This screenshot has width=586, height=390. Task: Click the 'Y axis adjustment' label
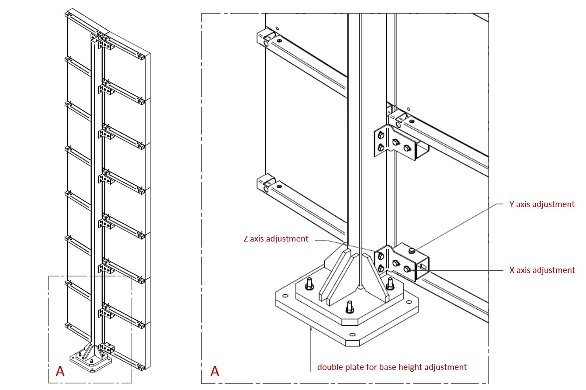pos(542,204)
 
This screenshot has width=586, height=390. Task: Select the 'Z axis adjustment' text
pos(275,239)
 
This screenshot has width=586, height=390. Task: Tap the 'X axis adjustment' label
pos(542,270)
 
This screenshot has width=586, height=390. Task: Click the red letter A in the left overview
pos(60,371)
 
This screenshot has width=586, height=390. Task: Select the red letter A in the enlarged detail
pos(214,371)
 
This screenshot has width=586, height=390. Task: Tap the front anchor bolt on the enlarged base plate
pos(349,307)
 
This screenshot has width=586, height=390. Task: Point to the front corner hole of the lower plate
pos(352,335)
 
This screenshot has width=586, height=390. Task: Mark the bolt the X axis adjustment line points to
pos(408,269)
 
